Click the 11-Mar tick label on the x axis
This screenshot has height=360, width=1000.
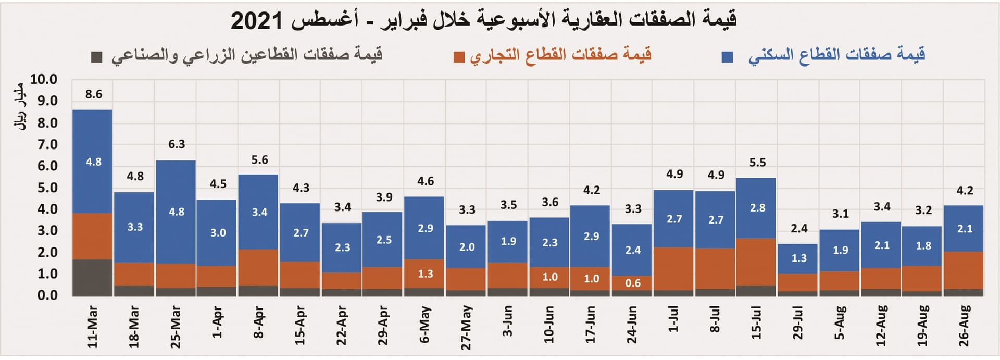pyautogui.click(x=92, y=327)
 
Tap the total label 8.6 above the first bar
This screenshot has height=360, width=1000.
pyautogui.click(x=94, y=94)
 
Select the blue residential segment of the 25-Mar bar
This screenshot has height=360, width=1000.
pyautogui.click(x=176, y=212)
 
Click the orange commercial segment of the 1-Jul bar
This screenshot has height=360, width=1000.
pyautogui.click(x=673, y=268)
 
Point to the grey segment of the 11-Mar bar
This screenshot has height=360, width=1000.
pyautogui.click(x=92, y=277)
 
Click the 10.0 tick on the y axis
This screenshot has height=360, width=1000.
pyautogui.click(x=44, y=80)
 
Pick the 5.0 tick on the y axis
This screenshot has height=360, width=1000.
pyautogui.click(x=47, y=188)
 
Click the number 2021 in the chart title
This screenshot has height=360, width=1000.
pyautogui.click(x=256, y=21)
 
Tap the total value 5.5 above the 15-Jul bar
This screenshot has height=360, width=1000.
pyautogui.click(x=757, y=163)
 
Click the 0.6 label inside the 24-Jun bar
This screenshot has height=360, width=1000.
pyautogui.click(x=633, y=283)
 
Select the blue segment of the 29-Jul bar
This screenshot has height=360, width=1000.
pyautogui.click(x=798, y=258)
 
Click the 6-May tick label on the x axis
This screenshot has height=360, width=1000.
pyautogui.click(x=424, y=325)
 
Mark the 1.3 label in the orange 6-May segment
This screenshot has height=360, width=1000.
pyautogui.click(x=426, y=274)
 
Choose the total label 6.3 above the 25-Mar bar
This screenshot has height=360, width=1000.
pyautogui.click(x=177, y=144)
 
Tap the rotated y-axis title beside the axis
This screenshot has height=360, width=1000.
pyautogui.click(x=20, y=107)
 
